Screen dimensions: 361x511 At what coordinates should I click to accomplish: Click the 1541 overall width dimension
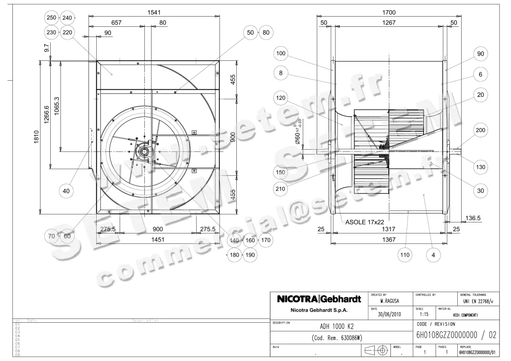[x=154, y=12]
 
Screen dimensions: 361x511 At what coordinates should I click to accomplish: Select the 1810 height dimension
[x=37, y=137]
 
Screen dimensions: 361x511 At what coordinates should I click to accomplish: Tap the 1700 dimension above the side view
[x=389, y=12]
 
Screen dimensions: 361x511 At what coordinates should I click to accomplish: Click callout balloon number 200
[x=480, y=130]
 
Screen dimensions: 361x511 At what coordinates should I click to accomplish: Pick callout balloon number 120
[x=281, y=98]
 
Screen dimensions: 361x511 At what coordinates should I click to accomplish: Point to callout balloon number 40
[x=66, y=191]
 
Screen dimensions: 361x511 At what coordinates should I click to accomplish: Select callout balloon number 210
[x=281, y=188]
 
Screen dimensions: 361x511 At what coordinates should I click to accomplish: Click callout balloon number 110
[x=405, y=255]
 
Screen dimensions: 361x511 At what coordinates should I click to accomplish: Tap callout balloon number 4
[x=433, y=255]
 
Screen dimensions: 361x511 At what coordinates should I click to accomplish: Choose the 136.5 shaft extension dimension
[x=473, y=218]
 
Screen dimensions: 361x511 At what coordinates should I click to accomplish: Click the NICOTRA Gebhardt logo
[x=319, y=299]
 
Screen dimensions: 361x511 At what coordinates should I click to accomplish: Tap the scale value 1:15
[x=424, y=315]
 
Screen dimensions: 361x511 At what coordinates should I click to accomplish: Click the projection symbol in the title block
[x=376, y=351]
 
